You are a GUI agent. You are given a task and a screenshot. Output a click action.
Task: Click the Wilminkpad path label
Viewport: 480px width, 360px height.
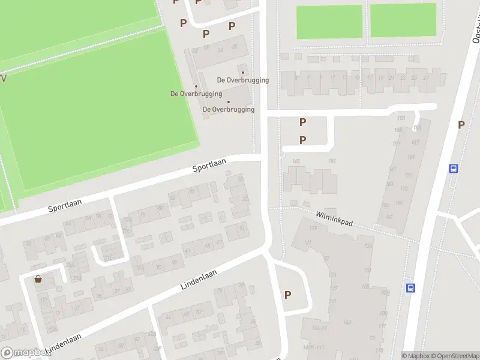(x=334, y=217)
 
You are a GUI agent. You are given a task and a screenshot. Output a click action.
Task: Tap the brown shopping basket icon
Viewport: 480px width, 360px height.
(x=38, y=278)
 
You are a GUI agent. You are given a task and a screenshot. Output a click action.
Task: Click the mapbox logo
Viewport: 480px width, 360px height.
(x=25, y=353)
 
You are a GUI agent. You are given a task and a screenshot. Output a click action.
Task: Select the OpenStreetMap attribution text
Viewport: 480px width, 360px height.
(x=449, y=356)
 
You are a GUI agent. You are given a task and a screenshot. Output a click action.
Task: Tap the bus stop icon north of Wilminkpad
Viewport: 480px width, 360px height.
(x=454, y=169)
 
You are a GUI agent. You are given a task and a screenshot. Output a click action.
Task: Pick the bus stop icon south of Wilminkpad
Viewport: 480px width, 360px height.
(x=411, y=288)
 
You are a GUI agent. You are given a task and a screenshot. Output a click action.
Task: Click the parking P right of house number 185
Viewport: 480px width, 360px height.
(x=461, y=125)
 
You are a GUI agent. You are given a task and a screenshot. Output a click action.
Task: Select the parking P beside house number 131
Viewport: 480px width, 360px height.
(x=287, y=295)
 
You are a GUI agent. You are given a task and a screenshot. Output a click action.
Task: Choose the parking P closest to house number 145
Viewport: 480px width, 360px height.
(x=303, y=140)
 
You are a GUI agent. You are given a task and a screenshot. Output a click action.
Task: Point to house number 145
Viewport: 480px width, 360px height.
(x=295, y=161)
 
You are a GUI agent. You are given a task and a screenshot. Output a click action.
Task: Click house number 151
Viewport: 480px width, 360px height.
(x=332, y=161)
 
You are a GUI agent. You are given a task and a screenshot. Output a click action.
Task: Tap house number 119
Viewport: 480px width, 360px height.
(x=312, y=229)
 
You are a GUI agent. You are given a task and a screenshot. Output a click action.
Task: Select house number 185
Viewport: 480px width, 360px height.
(x=417, y=128)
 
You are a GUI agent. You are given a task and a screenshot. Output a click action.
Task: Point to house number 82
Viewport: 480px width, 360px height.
(x=172, y=197)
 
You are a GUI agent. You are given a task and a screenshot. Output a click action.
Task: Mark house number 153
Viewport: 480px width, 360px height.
(x=401, y=118)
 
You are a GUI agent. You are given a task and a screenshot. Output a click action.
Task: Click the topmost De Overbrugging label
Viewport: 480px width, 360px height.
(x=242, y=80)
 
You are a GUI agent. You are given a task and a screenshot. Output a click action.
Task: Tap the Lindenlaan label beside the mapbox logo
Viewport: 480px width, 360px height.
(x=63, y=347)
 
